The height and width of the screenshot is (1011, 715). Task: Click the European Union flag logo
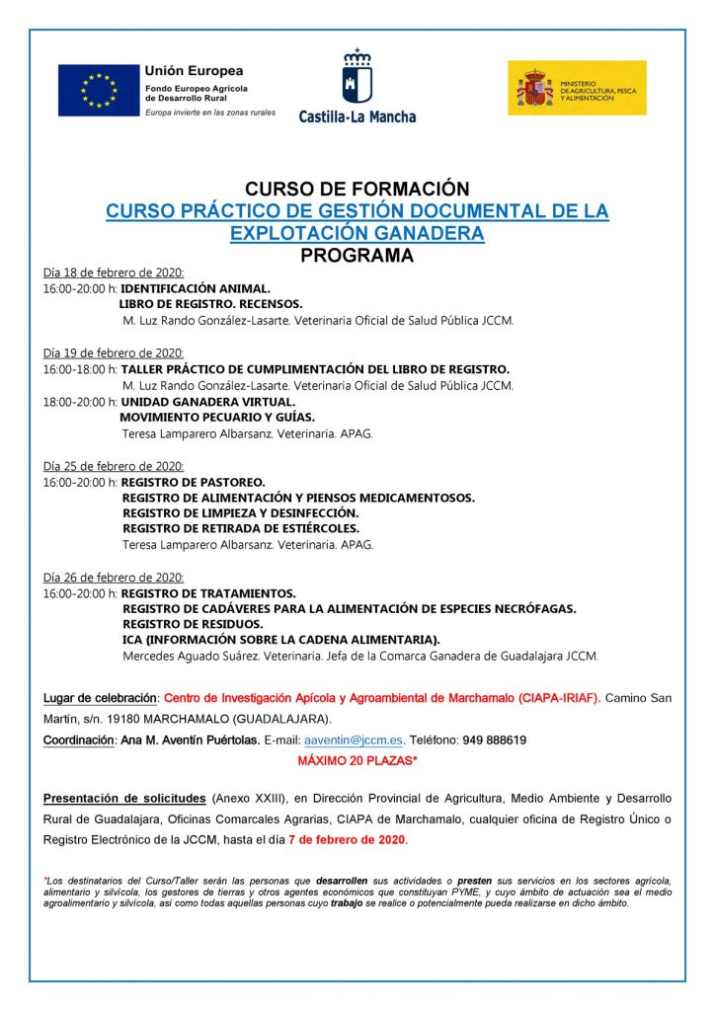click(98, 90)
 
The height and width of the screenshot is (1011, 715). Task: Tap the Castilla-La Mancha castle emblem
click(357, 76)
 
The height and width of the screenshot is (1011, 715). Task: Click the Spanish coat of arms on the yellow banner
click(534, 88)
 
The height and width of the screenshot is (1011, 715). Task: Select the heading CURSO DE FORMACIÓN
click(357, 189)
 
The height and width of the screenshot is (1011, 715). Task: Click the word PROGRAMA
click(357, 256)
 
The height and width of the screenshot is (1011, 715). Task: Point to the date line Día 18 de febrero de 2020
click(114, 272)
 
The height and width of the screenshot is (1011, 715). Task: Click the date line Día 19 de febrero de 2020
click(114, 352)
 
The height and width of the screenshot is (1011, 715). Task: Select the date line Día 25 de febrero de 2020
click(114, 466)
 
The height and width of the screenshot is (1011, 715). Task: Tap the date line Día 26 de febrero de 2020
click(114, 578)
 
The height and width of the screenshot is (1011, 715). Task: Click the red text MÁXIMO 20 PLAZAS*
click(357, 761)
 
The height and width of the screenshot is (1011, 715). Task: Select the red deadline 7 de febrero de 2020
click(347, 839)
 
